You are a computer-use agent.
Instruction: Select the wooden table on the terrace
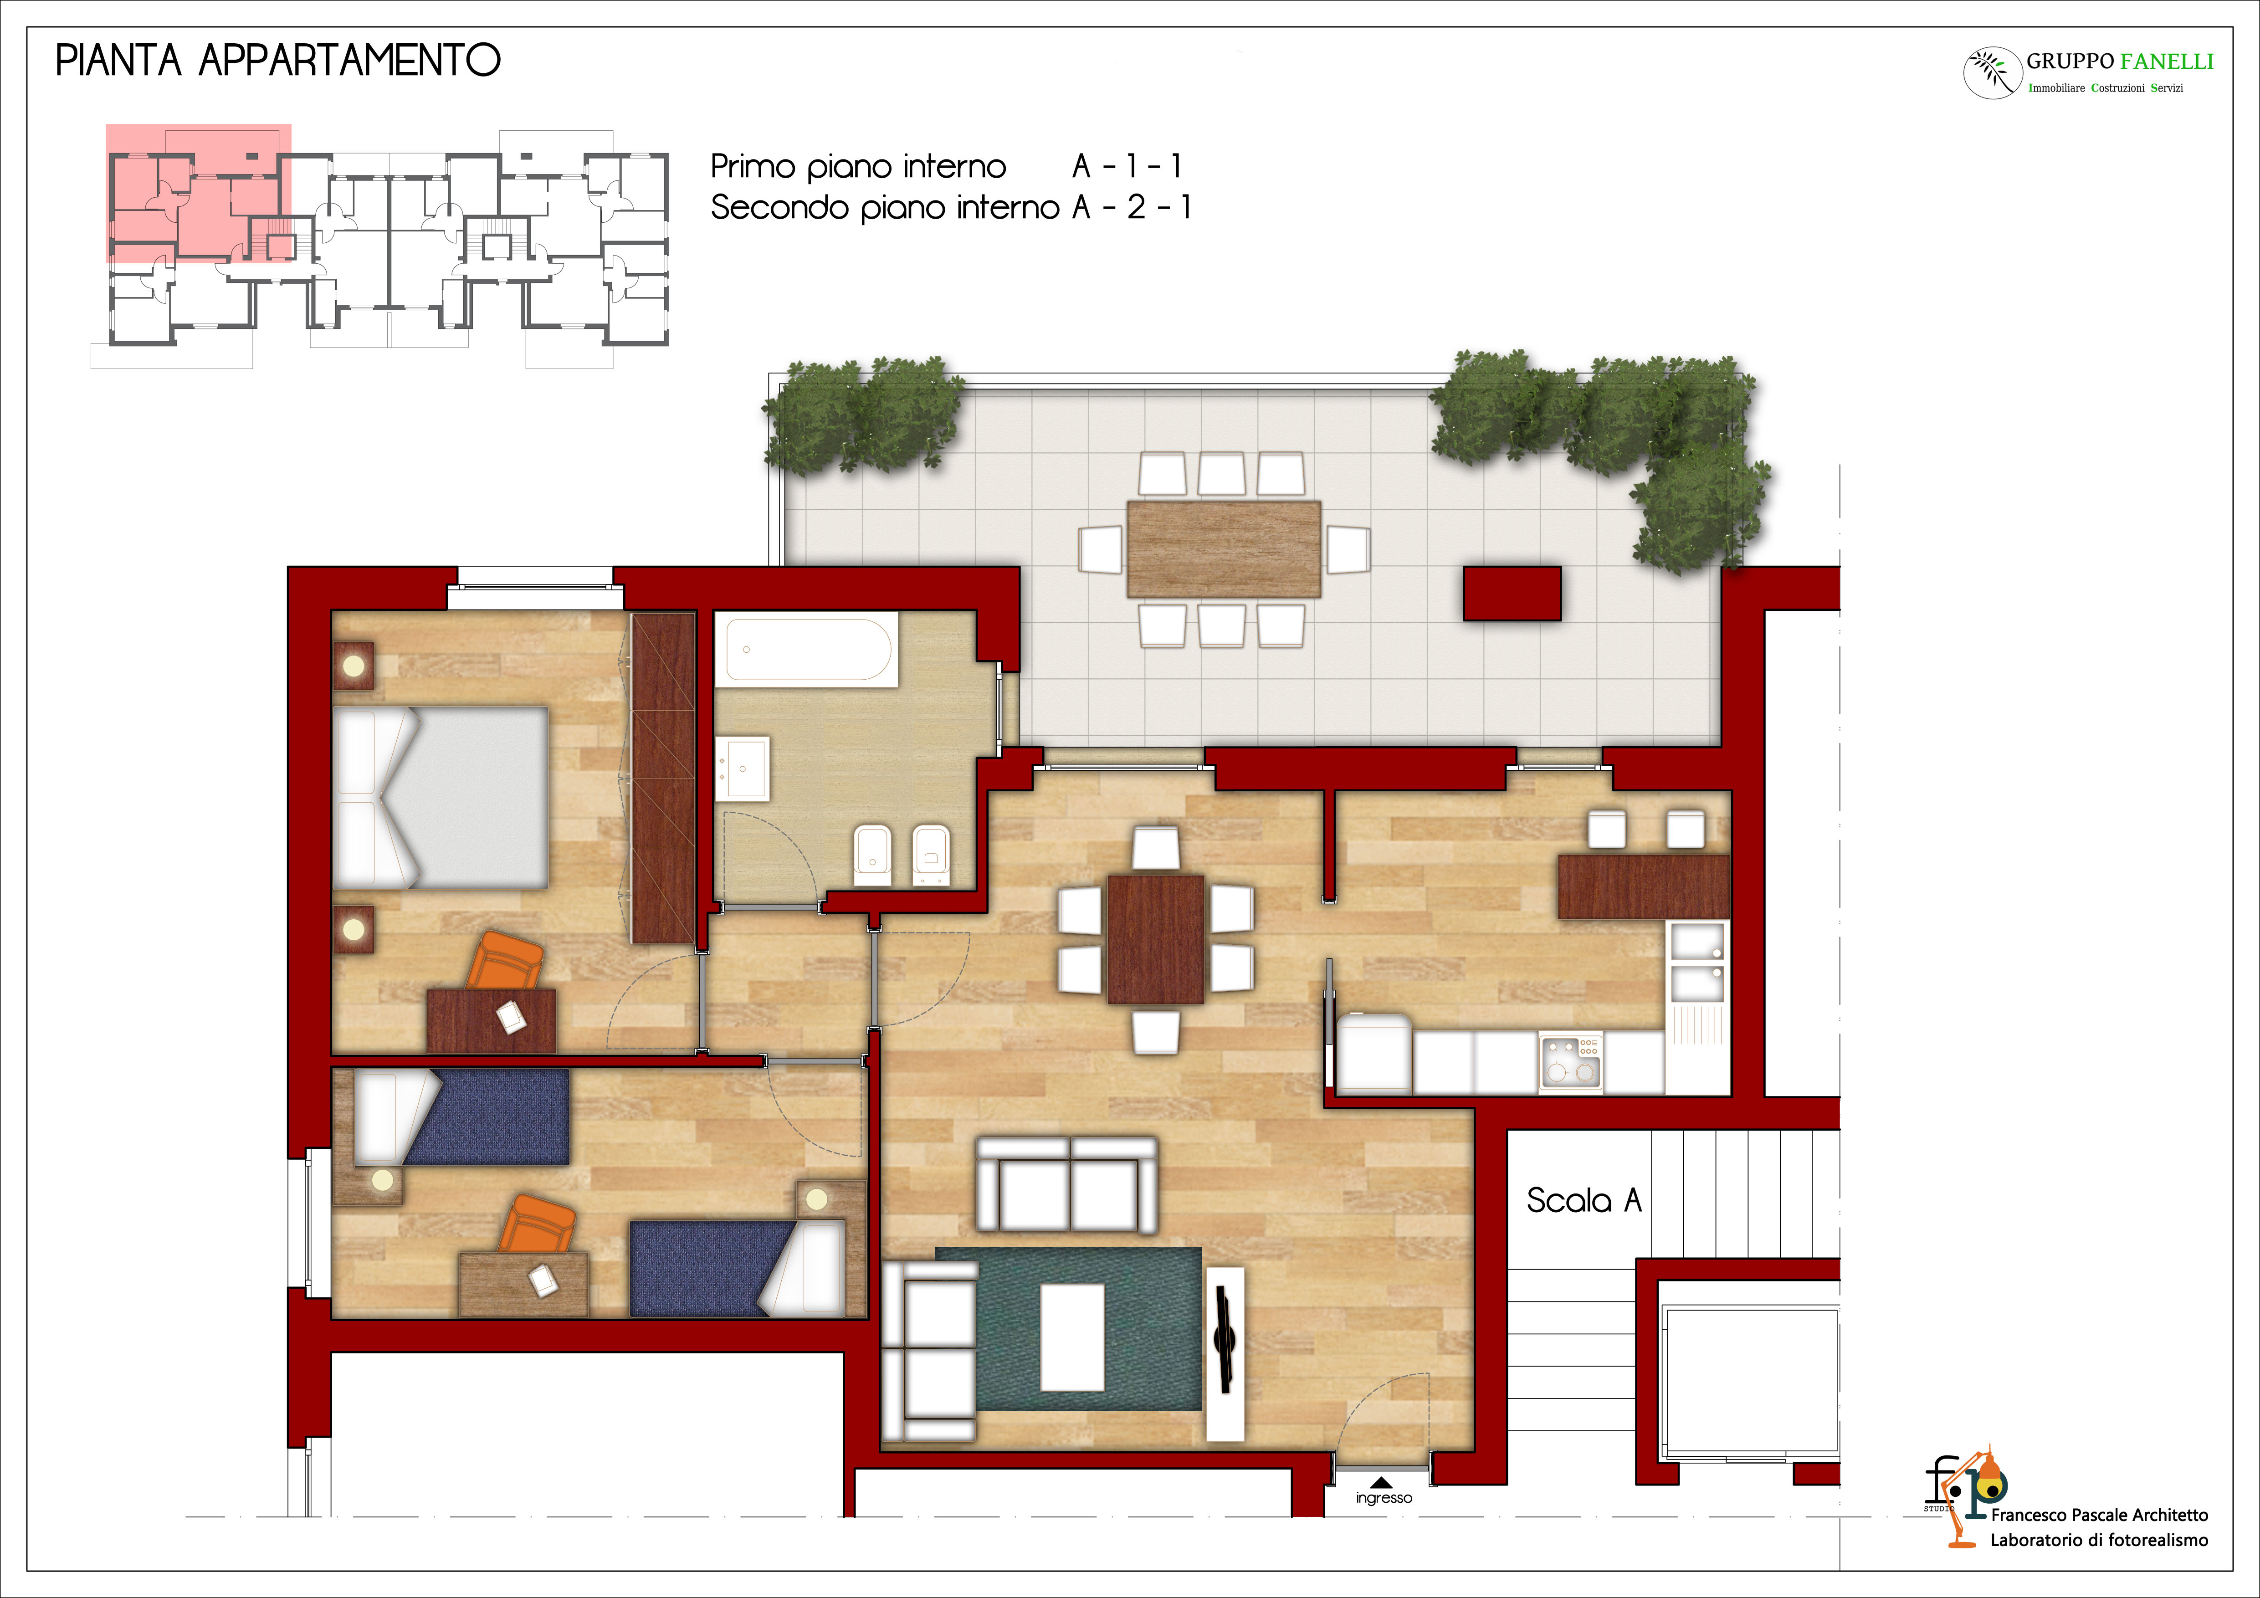click(x=1224, y=549)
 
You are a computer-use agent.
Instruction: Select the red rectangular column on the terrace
click(x=1512, y=594)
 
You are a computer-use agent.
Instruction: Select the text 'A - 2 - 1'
click(x=1132, y=208)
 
